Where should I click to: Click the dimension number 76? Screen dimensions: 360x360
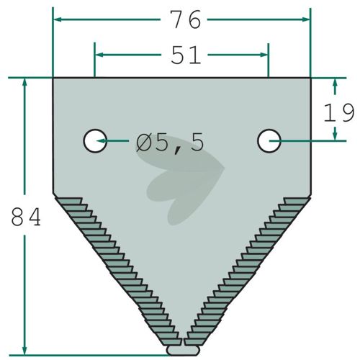[x=185, y=19]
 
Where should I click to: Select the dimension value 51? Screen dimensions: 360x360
[x=186, y=55]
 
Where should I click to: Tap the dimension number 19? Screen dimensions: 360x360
[x=338, y=112]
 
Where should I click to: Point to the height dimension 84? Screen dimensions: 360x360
[x=26, y=217]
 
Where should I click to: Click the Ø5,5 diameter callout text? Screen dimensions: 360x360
[x=170, y=143]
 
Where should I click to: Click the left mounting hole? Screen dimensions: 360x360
[x=95, y=141]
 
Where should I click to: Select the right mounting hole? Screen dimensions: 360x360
[x=269, y=141]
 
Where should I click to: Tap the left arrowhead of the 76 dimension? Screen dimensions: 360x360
[x=58, y=19]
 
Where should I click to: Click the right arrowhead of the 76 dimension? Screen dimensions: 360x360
[x=306, y=19]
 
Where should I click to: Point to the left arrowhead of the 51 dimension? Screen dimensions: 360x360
[x=99, y=55]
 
